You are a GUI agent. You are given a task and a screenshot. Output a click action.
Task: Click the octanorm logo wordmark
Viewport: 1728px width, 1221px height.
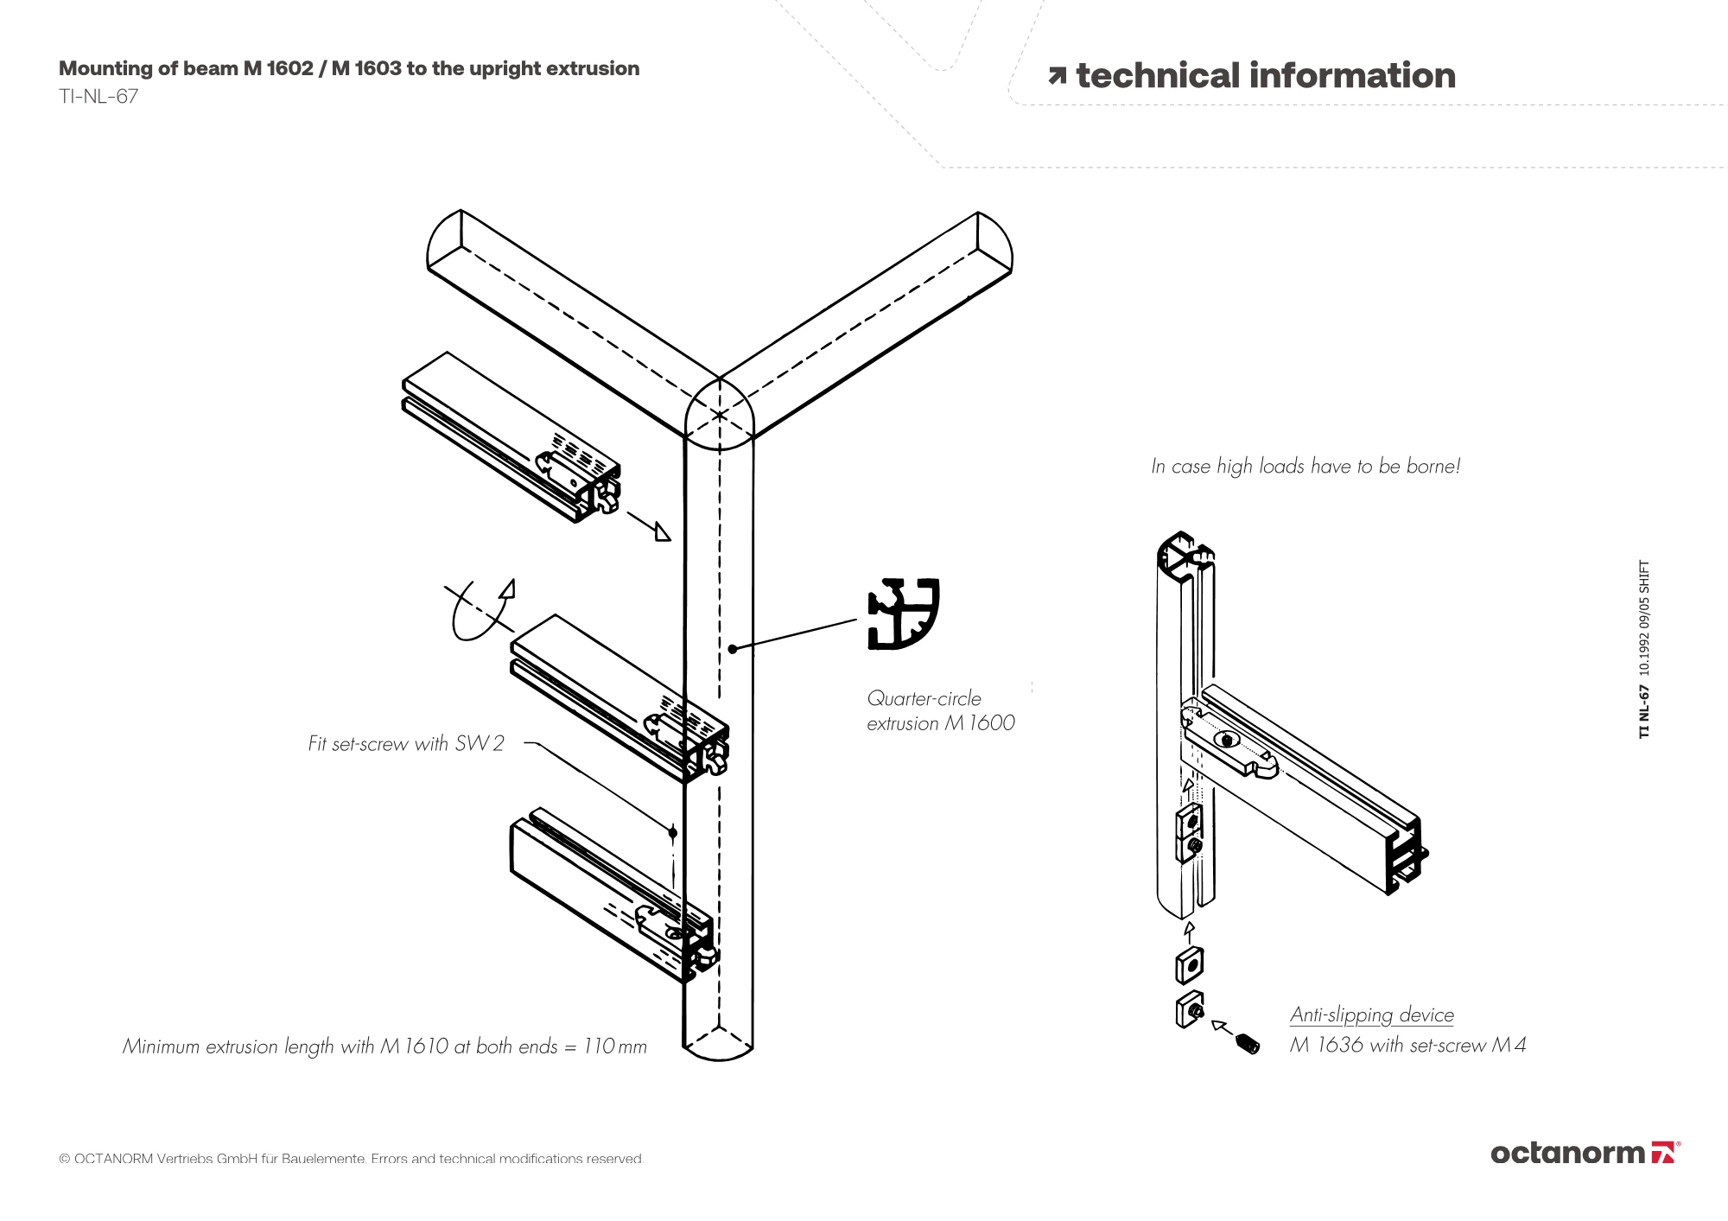coord(1567,1153)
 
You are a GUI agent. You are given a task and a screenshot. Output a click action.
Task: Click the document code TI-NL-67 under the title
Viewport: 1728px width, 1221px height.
coord(98,96)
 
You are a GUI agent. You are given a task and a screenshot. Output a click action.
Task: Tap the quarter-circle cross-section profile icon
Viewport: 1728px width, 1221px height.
coord(903,614)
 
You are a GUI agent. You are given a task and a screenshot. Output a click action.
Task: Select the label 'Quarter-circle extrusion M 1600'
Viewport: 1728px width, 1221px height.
coord(941,710)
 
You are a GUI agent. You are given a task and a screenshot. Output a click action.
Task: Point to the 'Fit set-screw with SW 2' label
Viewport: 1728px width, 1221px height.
coord(406,743)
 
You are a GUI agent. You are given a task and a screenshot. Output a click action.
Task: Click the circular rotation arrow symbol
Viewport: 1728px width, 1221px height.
coord(480,609)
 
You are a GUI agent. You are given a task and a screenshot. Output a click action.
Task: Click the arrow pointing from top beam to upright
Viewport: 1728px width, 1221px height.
coord(649,526)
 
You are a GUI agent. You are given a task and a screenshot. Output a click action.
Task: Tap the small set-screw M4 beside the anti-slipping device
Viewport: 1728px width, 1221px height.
coord(1248,1045)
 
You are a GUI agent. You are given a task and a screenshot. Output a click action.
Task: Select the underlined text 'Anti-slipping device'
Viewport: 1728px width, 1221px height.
coord(1372,1014)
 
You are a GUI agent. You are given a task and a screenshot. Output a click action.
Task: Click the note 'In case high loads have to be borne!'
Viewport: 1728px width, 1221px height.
coord(1306,467)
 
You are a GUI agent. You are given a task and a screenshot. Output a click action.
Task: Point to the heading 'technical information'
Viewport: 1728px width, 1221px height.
coord(1266,76)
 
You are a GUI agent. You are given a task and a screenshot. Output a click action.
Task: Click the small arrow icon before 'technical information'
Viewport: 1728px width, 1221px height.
coord(1058,76)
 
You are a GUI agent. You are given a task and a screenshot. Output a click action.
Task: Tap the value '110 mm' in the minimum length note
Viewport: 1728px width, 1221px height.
coord(615,1046)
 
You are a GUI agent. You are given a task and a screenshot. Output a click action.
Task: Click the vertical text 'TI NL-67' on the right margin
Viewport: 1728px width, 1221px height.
coord(1644,712)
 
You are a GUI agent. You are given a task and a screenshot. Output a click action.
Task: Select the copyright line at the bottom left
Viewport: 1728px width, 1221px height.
coord(351,1159)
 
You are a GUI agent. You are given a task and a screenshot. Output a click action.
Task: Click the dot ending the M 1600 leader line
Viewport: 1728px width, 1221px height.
coord(732,649)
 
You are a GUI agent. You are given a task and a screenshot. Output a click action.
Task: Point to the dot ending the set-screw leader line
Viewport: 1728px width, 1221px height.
coord(672,832)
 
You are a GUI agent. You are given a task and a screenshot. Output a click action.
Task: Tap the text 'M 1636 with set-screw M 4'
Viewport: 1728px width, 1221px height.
coord(1408,1045)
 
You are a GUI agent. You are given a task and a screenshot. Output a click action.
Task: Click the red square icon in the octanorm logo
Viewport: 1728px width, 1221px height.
coord(1663,1153)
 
